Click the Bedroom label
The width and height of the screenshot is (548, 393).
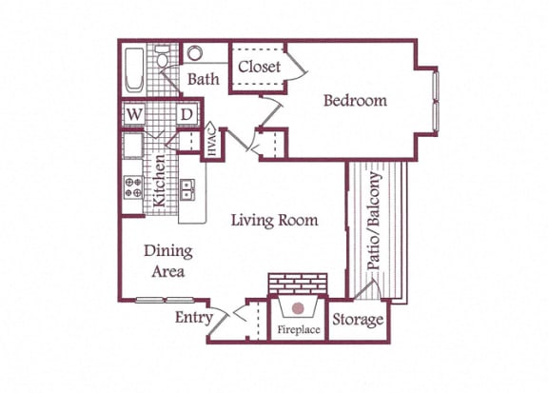pyautogui.click(x=355, y=101)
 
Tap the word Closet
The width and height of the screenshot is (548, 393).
pyautogui.click(x=259, y=67)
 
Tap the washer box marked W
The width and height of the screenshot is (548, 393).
pyautogui.click(x=133, y=116)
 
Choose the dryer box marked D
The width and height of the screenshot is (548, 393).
pyautogui.click(x=187, y=116)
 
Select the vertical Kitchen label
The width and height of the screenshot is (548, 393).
pyautogui.click(x=161, y=180)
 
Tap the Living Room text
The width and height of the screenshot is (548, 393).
pyautogui.click(x=274, y=221)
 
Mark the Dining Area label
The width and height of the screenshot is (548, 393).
pyautogui.click(x=168, y=261)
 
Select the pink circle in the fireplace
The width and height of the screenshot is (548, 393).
pyautogui.click(x=299, y=309)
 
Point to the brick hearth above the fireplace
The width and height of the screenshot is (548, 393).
pyautogui.click(x=298, y=285)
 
